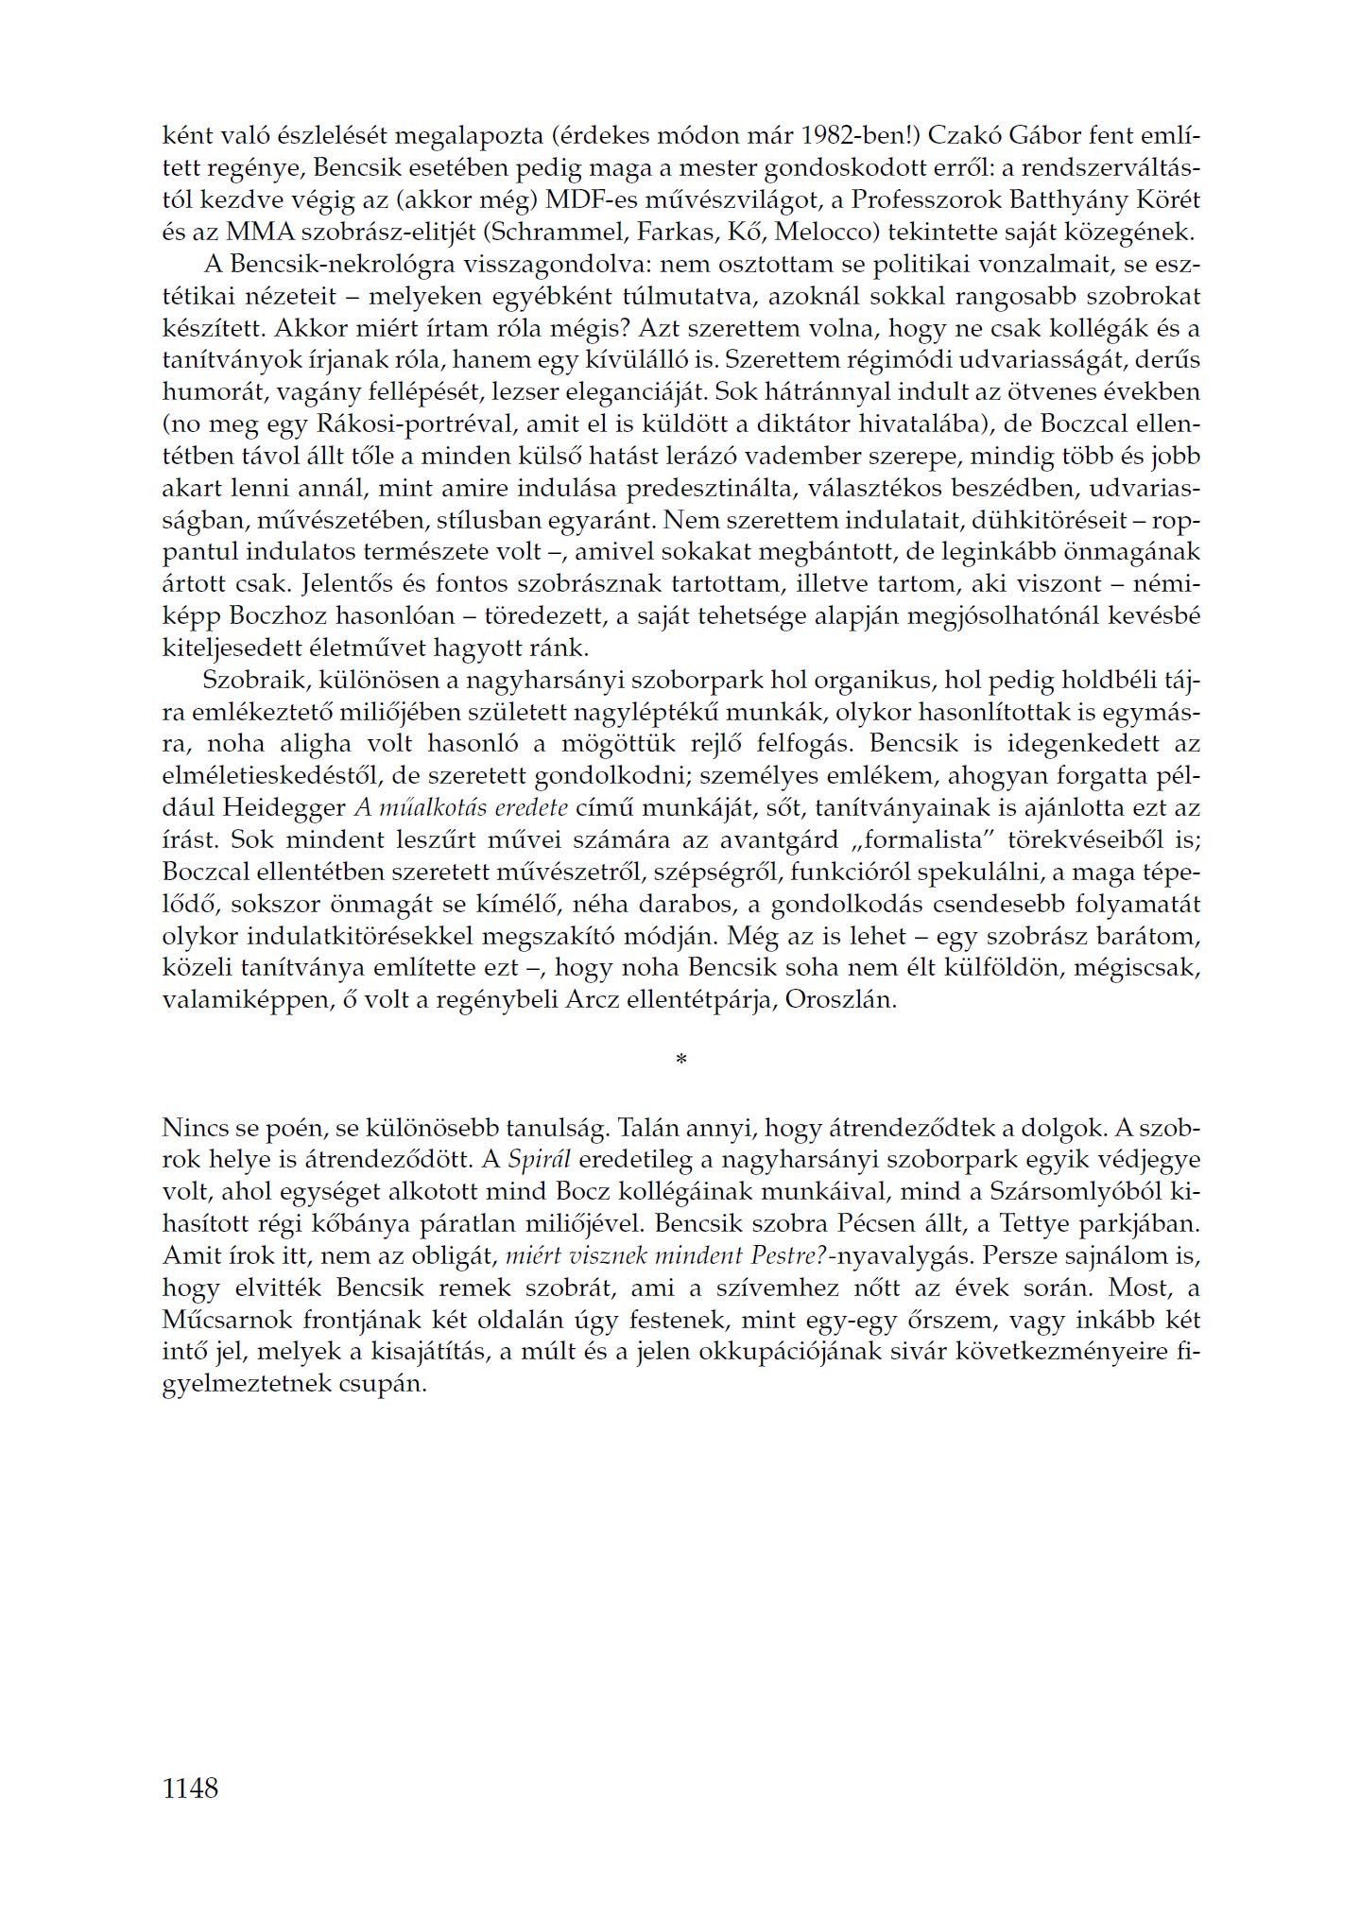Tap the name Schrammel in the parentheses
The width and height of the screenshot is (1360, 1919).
click(x=544, y=233)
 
